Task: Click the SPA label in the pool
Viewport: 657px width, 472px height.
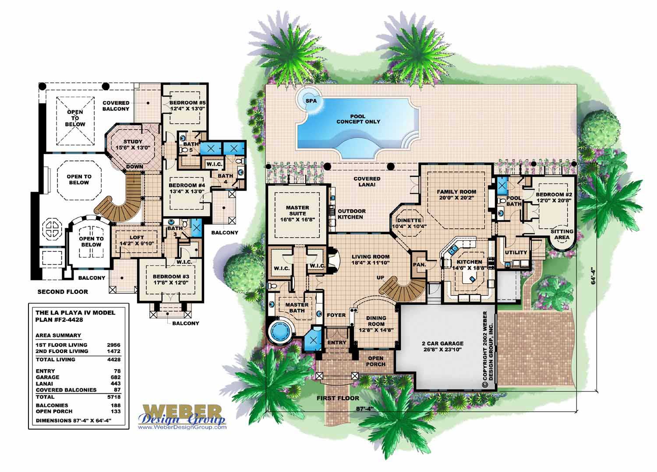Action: click(x=311, y=101)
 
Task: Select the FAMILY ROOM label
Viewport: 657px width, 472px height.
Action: click(x=456, y=192)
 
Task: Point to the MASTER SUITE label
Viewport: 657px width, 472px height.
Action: click(x=297, y=210)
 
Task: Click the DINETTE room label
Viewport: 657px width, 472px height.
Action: click(x=409, y=220)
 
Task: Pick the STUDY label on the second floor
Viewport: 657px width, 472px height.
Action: click(x=133, y=141)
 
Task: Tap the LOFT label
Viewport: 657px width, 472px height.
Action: click(x=137, y=238)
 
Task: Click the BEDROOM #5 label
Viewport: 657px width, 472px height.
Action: click(x=187, y=102)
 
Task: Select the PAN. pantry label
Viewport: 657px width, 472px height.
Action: click(x=420, y=265)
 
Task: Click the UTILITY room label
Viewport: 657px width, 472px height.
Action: click(x=516, y=252)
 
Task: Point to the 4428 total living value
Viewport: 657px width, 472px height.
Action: click(x=114, y=360)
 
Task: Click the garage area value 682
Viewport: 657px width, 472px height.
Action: click(x=116, y=377)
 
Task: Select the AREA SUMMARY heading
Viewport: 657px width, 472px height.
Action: click(x=58, y=335)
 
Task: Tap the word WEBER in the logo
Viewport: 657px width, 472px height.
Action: click(x=182, y=411)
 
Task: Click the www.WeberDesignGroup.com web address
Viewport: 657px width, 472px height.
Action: click(x=182, y=427)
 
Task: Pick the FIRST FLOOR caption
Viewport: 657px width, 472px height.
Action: click(x=338, y=398)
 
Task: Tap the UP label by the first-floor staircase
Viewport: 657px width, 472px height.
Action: click(x=381, y=277)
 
